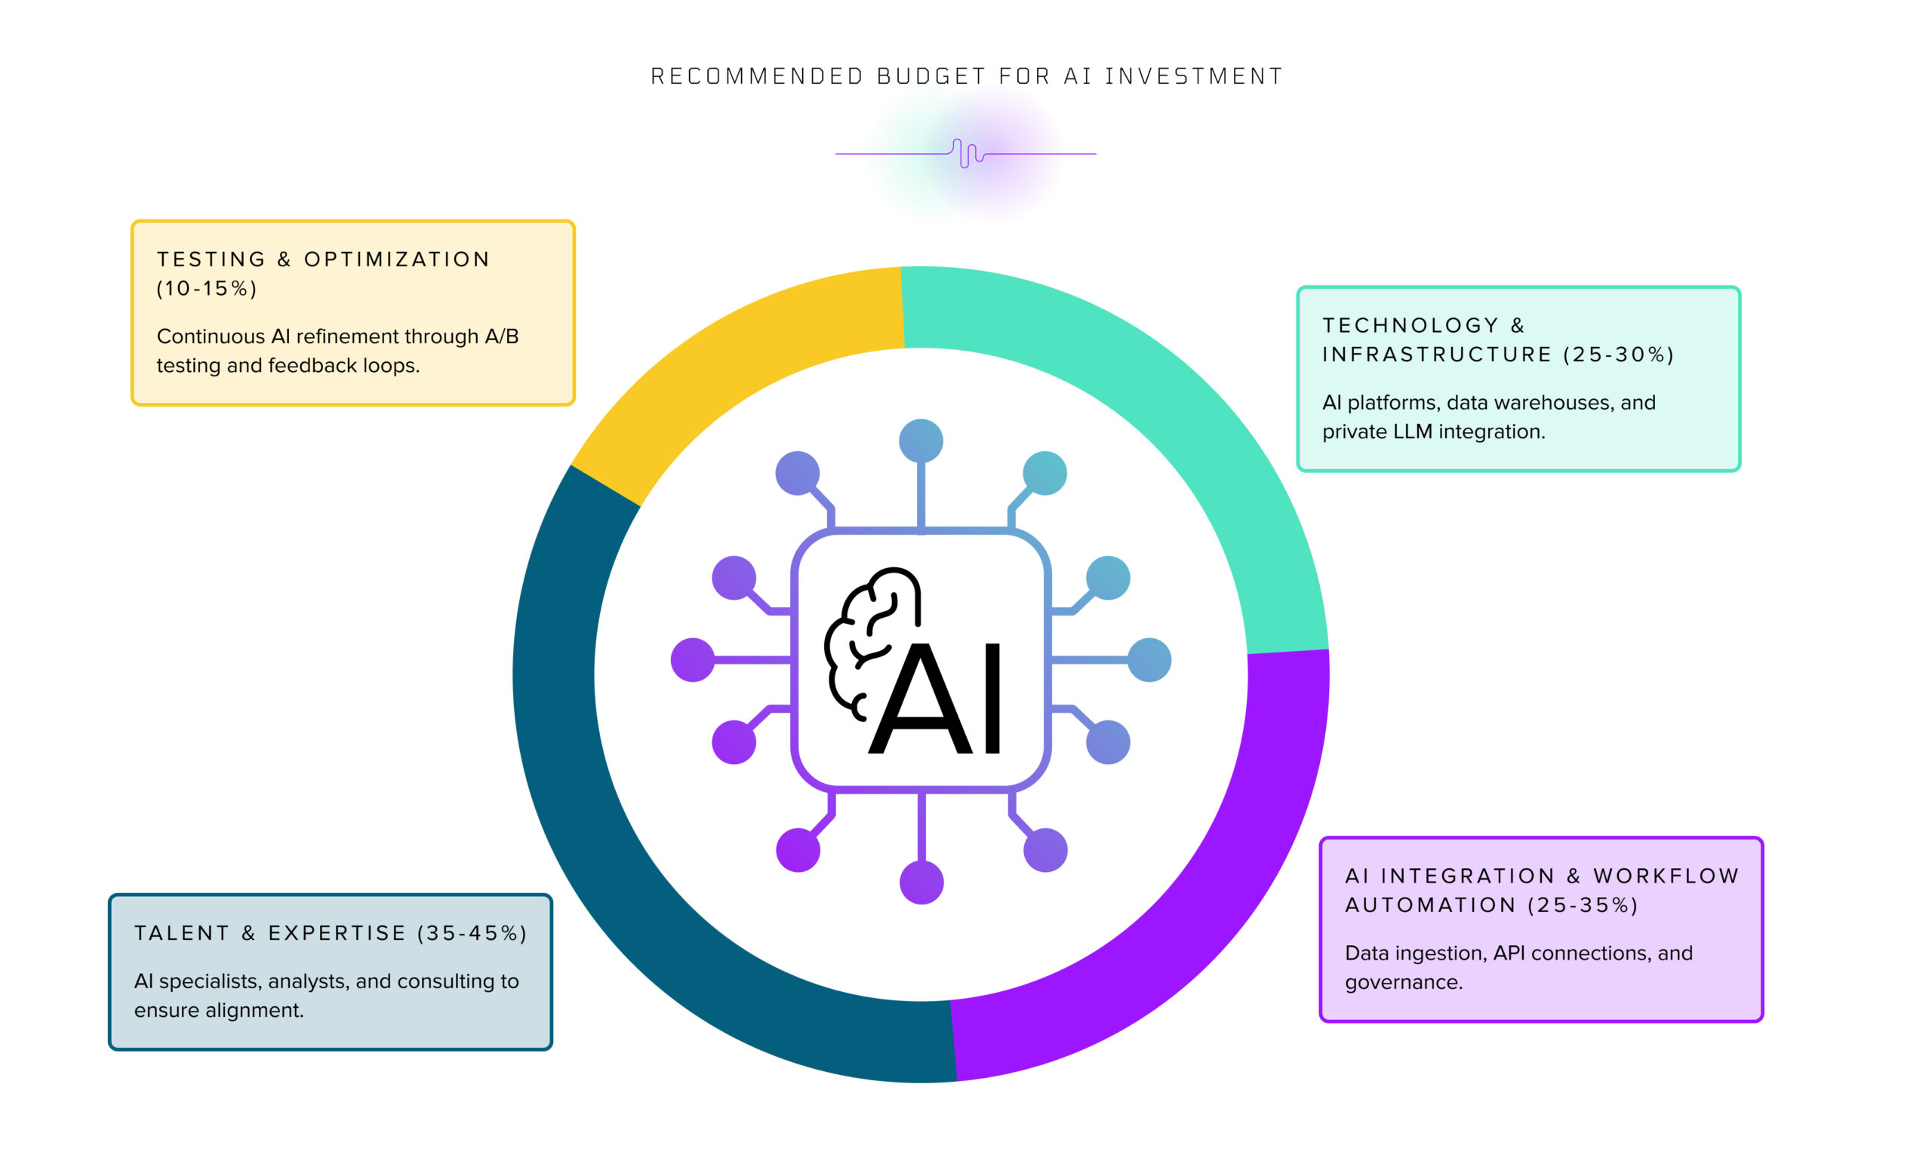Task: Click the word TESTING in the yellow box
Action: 211,259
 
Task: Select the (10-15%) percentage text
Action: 207,288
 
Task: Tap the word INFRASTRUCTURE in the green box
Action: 1436,355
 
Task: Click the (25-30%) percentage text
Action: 1618,355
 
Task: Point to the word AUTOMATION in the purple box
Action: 1431,905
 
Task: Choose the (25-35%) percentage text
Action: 1583,905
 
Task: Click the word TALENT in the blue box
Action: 182,933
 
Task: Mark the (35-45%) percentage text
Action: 472,933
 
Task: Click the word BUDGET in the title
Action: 931,76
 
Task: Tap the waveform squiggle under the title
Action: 968,154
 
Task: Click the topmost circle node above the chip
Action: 921,441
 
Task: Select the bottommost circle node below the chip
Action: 921,883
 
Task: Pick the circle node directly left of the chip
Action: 693,660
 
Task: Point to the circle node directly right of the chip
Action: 1149,660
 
